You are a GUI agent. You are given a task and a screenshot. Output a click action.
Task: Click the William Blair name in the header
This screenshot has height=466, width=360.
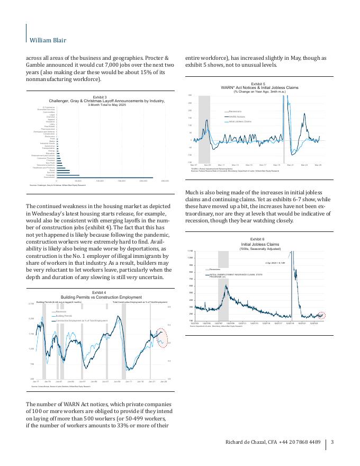[48, 40]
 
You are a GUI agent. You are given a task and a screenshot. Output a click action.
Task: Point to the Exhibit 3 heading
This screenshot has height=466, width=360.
[100, 97]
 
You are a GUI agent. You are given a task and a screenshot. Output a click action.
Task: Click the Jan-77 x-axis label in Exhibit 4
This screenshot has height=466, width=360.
[36, 381]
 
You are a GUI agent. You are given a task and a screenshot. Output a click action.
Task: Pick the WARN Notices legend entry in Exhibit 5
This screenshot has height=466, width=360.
[236, 116]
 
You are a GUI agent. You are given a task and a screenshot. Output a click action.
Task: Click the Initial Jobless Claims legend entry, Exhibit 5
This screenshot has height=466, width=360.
[240, 121]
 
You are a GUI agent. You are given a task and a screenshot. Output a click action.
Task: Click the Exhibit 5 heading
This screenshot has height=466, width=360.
[258, 84]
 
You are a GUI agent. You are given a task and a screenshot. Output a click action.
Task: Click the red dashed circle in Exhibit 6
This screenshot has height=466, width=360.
[321, 316]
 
